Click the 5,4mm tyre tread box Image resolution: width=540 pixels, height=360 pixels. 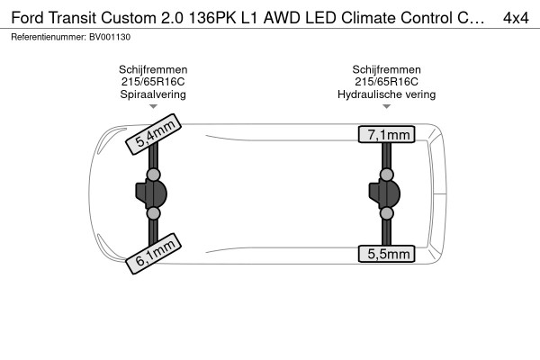[153, 134]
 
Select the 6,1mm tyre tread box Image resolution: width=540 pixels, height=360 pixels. [153, 254]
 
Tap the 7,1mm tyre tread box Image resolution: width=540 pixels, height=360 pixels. [386, 134]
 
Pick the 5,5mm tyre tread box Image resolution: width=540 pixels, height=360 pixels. [386, 254]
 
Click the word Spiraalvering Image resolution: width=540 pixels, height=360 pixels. [153, 94]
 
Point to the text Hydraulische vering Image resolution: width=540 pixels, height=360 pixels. [386, 94]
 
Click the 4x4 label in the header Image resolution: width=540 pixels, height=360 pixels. [516, 18]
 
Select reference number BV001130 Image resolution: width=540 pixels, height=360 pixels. [110, 37]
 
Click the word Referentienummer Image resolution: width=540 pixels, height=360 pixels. [48, 37]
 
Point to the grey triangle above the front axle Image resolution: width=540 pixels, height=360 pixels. [153, 106]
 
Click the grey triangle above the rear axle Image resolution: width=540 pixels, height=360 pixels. [386, 106]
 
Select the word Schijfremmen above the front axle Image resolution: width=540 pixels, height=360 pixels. [153, 69]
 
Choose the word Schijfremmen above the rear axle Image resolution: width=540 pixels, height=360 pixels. [386, 69]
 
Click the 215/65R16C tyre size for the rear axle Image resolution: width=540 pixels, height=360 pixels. [386, 82]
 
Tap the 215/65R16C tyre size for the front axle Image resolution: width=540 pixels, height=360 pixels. [153, 82]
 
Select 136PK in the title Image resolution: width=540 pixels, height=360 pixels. [212, 18]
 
